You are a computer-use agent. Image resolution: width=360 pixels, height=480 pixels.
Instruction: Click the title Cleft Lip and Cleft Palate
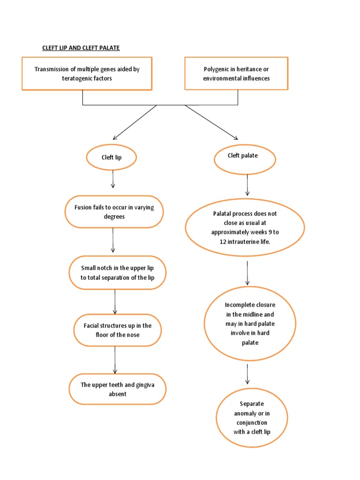click(81, 48)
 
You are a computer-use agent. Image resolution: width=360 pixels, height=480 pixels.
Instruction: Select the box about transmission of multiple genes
click(87, 74)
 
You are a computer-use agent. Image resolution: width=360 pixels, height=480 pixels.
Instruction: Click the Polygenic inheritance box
click(236, 74)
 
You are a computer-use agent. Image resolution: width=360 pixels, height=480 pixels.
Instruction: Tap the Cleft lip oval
click(112, 157)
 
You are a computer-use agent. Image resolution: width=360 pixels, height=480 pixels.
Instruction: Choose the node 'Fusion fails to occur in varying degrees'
click(114, 212)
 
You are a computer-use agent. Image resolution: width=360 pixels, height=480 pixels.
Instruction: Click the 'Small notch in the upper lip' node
click(117, 272)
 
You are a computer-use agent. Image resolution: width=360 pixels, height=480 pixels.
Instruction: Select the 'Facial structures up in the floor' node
click(118, 330)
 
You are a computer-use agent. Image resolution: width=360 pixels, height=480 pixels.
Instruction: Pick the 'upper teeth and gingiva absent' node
click(117, 389)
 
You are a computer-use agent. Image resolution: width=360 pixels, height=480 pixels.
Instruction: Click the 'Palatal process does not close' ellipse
click(245, 227)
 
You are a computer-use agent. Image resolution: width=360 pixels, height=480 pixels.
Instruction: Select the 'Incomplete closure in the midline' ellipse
click(249, 324)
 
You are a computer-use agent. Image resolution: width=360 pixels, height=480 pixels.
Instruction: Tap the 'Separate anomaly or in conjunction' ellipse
click(252, 418)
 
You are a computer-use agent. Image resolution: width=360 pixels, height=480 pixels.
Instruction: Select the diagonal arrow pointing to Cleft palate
click(211, 122)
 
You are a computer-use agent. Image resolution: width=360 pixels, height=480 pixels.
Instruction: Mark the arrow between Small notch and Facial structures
click(115, 302)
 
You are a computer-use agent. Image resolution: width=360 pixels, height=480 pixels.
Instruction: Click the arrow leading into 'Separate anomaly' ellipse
click(247, 375)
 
